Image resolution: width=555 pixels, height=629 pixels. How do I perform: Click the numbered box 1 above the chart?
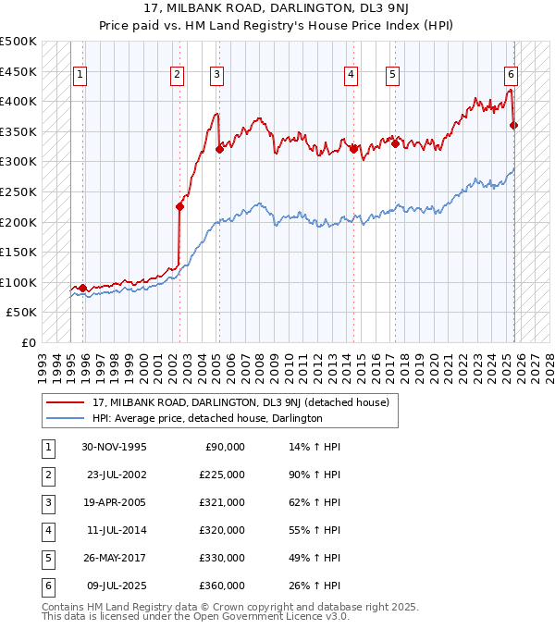(x=80, y=76)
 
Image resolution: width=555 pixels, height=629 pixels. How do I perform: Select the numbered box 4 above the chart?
(x=351, y=76)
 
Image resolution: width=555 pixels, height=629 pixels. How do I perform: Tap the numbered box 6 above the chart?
(x=511, y=76)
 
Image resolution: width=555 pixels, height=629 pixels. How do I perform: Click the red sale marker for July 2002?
(x=179, y=207)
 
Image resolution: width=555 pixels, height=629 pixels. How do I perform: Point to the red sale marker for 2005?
(x=219, y=149)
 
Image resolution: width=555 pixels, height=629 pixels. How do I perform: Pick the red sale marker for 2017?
(x=395, y=143)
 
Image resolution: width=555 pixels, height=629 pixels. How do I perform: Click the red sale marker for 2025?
(x=513, y=126)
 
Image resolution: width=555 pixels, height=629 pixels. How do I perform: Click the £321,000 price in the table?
(x=222, y=503)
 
